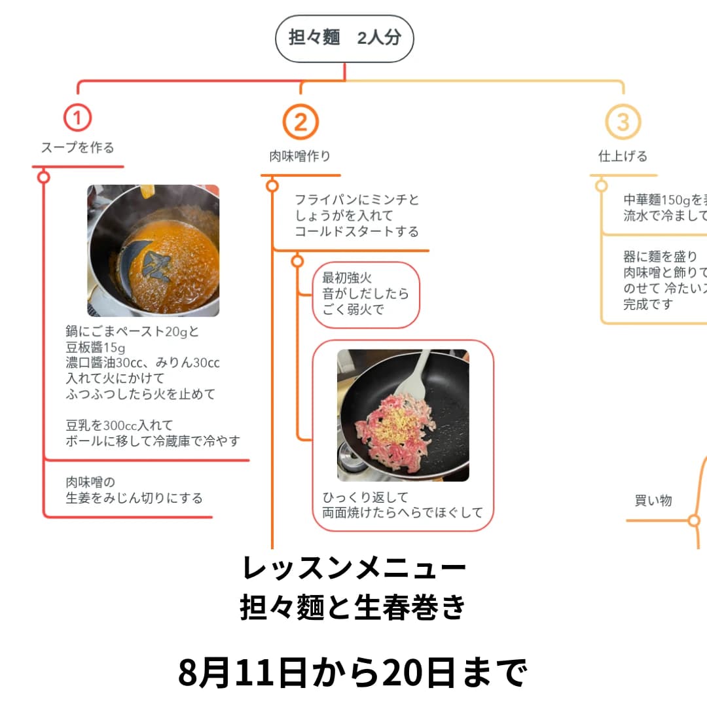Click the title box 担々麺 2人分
[x=344, y=38]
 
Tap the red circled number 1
[x=77, y=118]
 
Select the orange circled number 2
[x=300, y=122]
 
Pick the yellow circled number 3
[x=623, y=122]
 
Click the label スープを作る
[x=77, y=148]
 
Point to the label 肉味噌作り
[x=300, y=156]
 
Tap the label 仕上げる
[x=623, y=156]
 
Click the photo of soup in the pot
[x=153, y=251]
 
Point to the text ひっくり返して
[x=365, y=497]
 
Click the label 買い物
[x=653, y=501]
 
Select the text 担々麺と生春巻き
[x=353, y=607]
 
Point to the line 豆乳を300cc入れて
[x=119, y=426]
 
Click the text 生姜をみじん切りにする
[x=134, y=498]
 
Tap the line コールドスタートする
[x=356, y=231]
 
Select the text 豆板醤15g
[x=96, y=347]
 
